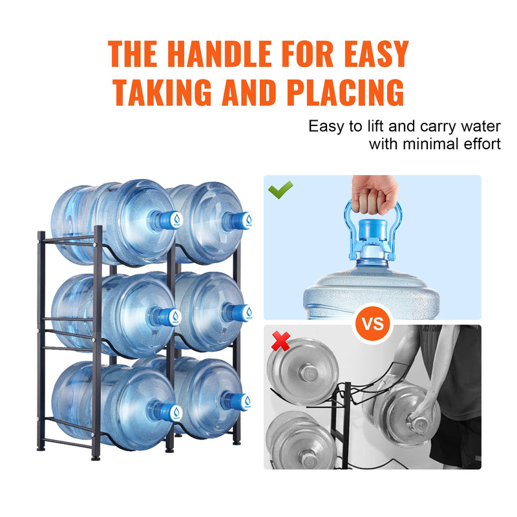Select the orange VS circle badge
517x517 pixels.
pyautogui.click(x=372, y=322)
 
